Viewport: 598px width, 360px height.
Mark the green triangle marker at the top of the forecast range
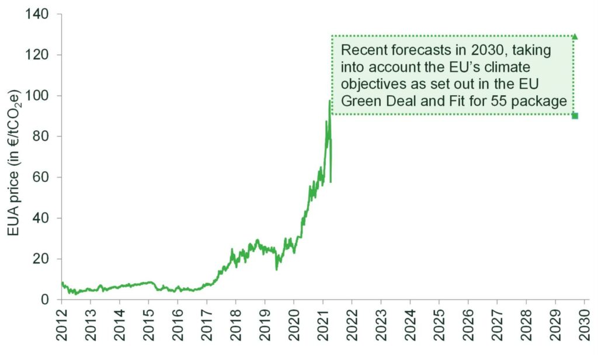click(x=575, y=36)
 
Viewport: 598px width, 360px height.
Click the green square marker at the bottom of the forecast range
click(x=575, y=116)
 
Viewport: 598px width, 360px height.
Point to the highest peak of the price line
click(x=330, y=101)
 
